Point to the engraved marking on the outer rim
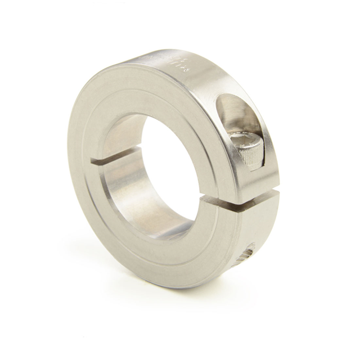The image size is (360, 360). pyautogui.click(x=179, y=63)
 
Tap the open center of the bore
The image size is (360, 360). pyautogui.click(x=169, y=169)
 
